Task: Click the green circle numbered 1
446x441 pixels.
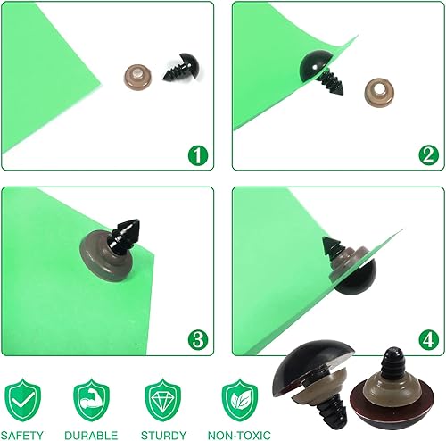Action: click(x=198, y=155)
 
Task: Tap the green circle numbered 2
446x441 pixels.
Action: click(x=428, y=155)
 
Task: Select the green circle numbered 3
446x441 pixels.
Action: click(x=198, y=340)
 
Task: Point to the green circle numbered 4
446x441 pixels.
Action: click(x=428, y=340)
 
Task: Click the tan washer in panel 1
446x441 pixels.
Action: click(x=137, y=78)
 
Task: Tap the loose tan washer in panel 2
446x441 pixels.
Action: click(x=379, y=92)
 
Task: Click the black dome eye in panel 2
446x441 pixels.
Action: click(x=314, y=66)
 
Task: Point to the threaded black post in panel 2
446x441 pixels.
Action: click(x=332, y=82)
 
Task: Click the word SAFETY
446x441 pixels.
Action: click(x=22, y=436)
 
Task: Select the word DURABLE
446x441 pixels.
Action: click(x=91, y=436)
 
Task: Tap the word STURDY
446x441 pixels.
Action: click(x=163, y=436)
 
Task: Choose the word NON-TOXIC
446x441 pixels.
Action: click(x=239, y=436)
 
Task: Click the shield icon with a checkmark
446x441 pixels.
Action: click(x=22, y=400)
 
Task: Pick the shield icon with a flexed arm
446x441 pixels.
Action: click(x=91, y=400)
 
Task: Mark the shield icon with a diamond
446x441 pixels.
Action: click(x=162, y=400)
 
